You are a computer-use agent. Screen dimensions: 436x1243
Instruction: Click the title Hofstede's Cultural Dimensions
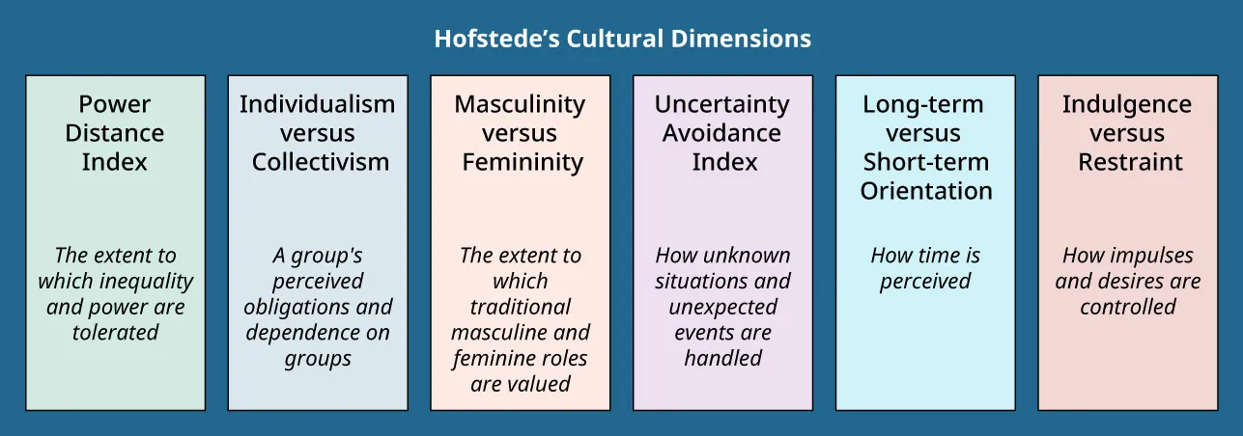[622, 40]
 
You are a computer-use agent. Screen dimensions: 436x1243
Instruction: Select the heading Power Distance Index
[115, 133]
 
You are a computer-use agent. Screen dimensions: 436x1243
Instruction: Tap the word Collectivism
[321, 162]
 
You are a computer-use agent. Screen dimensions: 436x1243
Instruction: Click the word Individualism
[317, 104]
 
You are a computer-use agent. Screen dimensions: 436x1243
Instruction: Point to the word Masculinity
[520, 104]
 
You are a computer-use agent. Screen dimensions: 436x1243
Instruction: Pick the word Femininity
[522, 162]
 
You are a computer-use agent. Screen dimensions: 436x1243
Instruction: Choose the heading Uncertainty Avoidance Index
[722, 133]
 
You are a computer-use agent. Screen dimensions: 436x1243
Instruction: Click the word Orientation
[926, 191]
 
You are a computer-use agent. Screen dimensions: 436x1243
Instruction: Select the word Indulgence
[1126, 104]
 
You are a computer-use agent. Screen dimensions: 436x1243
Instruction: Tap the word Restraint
[1130, 162]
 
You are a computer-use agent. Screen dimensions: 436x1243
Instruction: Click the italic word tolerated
[115, 333]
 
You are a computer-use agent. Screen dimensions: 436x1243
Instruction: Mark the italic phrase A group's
[317, 256]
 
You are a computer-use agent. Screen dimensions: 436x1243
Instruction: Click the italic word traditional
[520, 307]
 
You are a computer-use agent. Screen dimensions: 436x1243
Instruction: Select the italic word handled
[722, 358]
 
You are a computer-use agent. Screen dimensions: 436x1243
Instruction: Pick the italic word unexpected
[722, 307]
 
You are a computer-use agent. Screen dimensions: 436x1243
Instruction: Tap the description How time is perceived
[925, 268]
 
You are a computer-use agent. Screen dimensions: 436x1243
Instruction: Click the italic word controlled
[1128, 307]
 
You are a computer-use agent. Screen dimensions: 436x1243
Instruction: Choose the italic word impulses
[1149, 256]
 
